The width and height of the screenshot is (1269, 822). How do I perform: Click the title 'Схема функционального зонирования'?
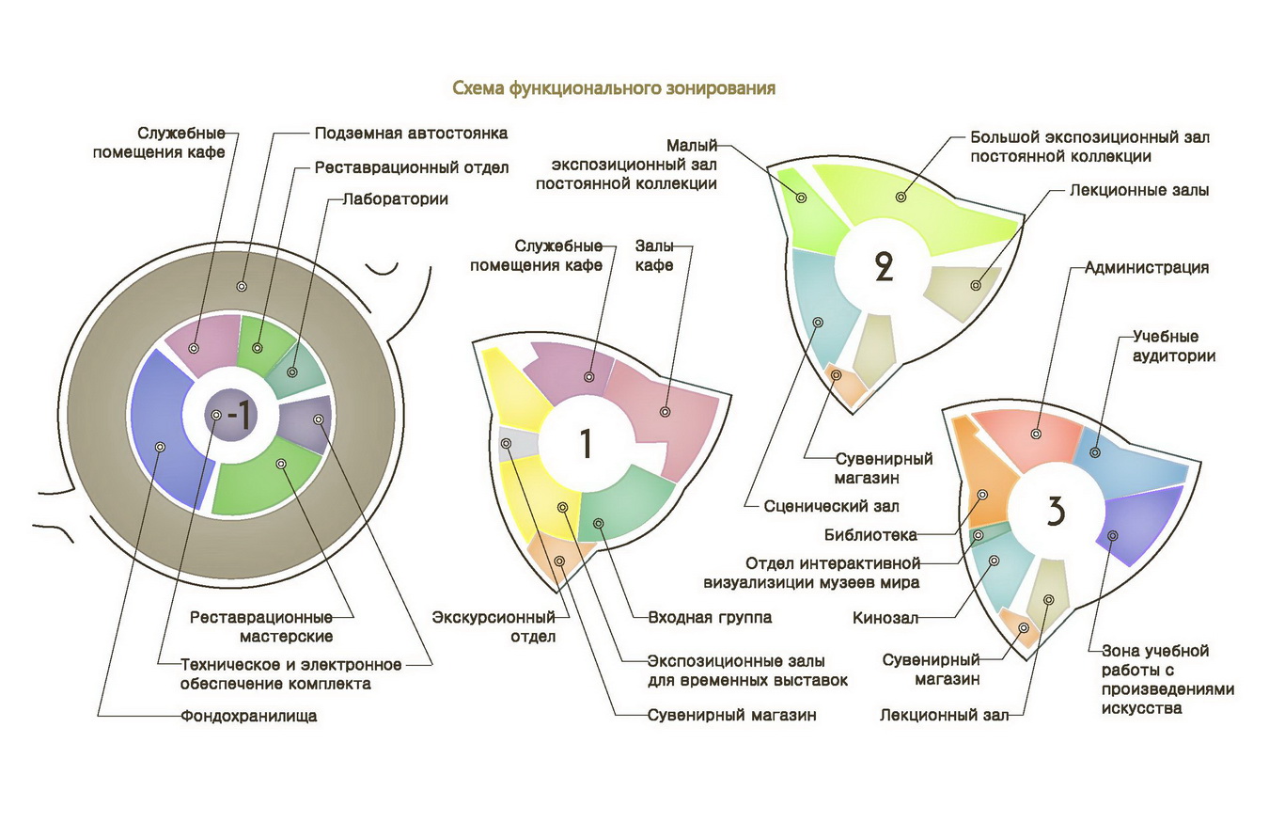614,88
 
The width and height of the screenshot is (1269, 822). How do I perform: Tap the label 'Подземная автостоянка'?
411,134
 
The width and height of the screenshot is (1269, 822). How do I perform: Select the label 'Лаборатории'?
395,199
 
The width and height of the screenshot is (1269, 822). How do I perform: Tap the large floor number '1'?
585,443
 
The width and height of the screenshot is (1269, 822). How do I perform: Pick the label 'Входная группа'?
710,618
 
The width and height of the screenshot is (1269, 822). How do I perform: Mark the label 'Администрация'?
1146,267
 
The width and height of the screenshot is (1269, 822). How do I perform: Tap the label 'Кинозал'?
885,619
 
